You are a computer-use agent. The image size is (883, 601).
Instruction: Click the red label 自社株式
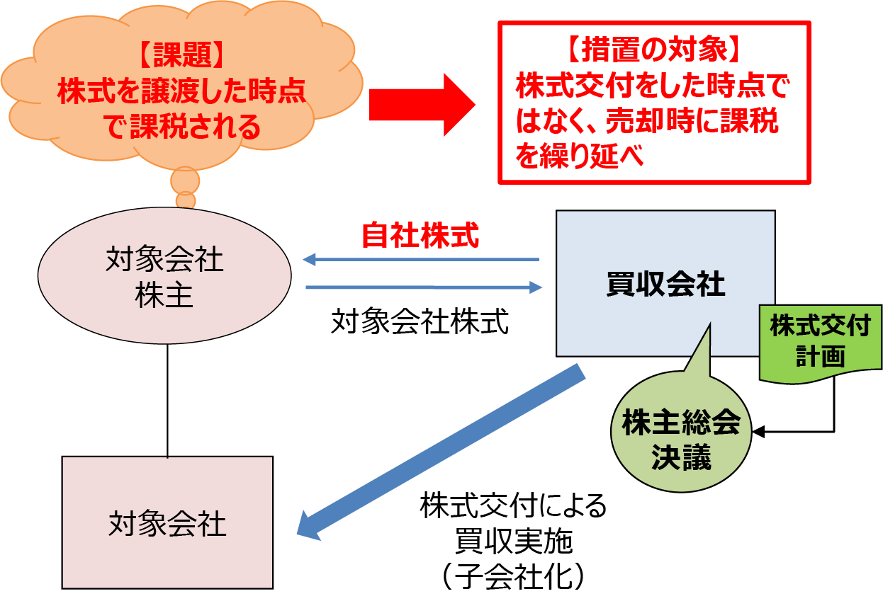coord(420,236)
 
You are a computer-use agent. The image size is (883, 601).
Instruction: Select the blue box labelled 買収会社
coord(665,284)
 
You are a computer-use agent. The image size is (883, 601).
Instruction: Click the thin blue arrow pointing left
coord(421,260)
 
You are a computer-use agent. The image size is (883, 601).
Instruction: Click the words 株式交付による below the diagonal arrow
coord(513,507)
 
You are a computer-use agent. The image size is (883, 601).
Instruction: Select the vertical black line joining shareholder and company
coord(167,400)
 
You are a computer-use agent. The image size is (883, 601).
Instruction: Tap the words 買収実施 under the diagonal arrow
coord(513,542)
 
